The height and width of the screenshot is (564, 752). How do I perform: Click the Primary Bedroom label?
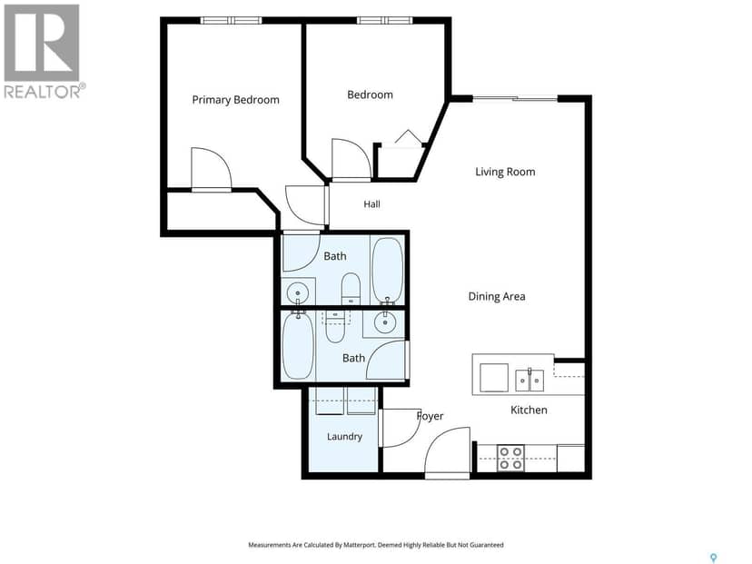pyautogui.click(x=235, y=100)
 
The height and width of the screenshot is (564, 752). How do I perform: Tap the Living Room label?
pyautogui.click(x=505, y=172)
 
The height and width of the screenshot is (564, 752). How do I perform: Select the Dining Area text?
pyautogui.click(x=497, y=296)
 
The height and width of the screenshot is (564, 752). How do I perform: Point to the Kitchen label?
pyautogui.click(x=529, y=410)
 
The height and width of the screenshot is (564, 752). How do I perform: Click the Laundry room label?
pyautogui.click(x=344, y=437)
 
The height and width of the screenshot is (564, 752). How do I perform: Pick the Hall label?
pyautogui.click(x=371, y=204)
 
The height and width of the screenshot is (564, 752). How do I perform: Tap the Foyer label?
pyautogui.click(x=430, y=416)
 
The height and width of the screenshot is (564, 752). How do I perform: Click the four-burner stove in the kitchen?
pyautogui.click(x=510, y=458)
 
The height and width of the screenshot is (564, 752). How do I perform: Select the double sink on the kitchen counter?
pyautogui.click(x=529, y=381)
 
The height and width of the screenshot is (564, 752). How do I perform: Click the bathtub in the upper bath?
pyautogui.click(x=387, y=270)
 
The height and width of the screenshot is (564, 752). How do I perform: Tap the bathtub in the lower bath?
pyautogui.click(x=298, y=344)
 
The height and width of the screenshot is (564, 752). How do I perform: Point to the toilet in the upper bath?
pyautogui.click(x=351, y=289)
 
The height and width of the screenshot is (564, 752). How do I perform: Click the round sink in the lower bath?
pyautogui.click(x=385, y=323)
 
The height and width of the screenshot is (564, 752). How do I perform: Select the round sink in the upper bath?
pyautogui.click(x=297, y=292)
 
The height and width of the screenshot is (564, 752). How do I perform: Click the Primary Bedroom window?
pyautogui.click(x=232, y=20)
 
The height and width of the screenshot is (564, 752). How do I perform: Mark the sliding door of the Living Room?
pyautogui.click(x=515, y=99)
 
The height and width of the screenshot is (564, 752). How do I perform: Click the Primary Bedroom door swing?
pyautogui.click(x=212, y=168)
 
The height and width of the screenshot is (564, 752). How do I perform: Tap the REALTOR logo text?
pyautogui.click(x=45, y=91)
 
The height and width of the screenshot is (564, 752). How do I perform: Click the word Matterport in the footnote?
pyautogui.click(x=357, y=545)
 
